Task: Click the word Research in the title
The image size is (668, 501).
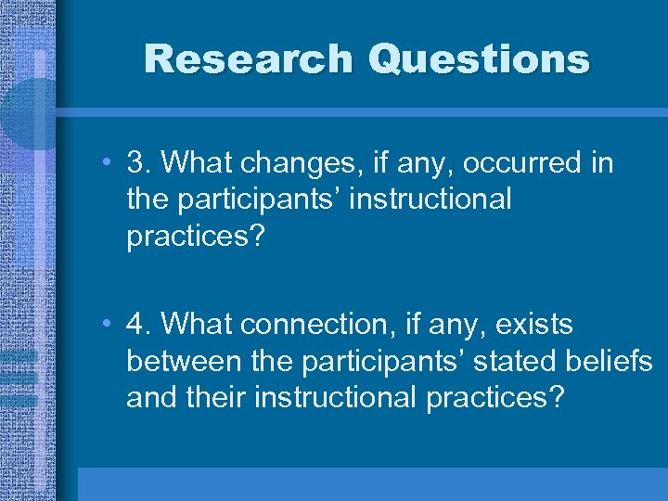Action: tap(249, 59)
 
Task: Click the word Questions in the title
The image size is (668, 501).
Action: tap(479, 59)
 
